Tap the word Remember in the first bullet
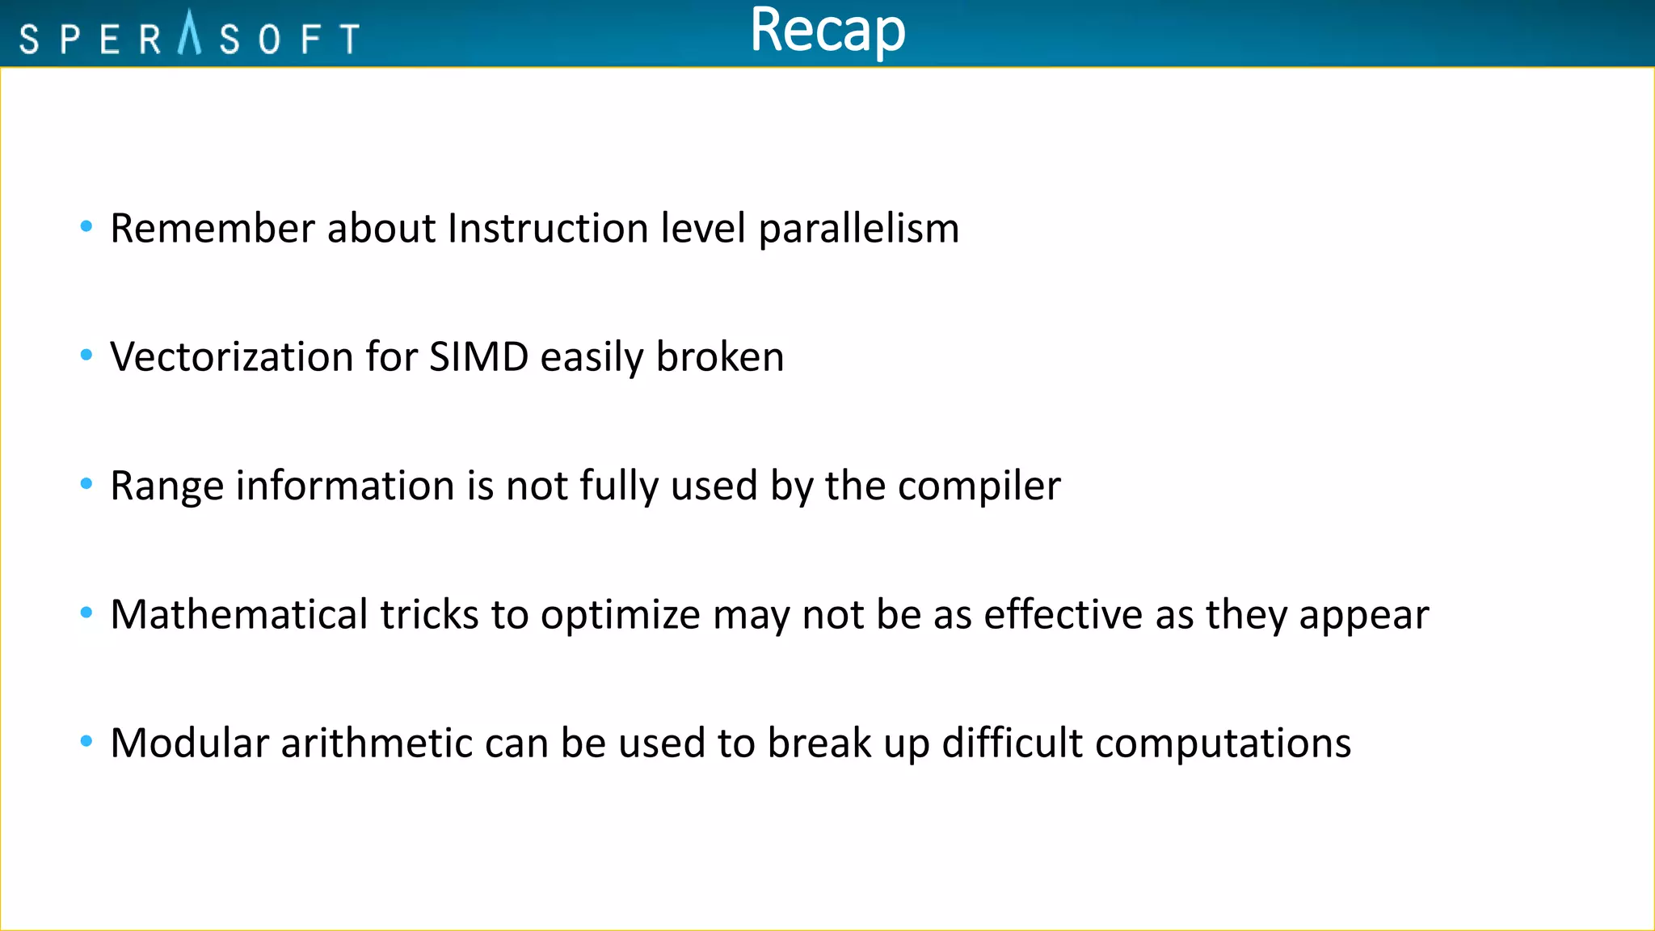tap(212, 228)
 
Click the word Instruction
tap(548, 228)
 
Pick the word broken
tap(719, 357)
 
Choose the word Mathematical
tap(239, 614)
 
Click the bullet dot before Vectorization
tap(86, 355)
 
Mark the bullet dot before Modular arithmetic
tap(86, 740)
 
